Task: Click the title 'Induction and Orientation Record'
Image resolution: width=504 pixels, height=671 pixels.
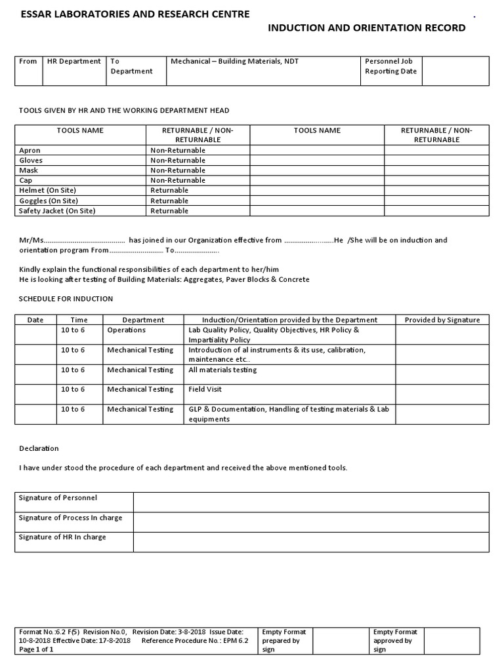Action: click(367, 28)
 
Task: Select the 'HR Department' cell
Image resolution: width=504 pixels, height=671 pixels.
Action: click(73, 61)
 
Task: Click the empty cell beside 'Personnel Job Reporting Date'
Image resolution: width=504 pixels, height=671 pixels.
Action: click(455, 71)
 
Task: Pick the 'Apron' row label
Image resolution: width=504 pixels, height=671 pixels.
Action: click(30, 150)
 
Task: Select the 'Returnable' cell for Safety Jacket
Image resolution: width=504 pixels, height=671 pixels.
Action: click(169, 211)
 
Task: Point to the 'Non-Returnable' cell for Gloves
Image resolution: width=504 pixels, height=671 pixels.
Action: click(177, 160)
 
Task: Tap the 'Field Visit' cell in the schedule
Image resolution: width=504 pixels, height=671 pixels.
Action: click(205, 389)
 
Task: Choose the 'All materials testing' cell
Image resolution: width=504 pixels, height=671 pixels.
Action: click(222, 370)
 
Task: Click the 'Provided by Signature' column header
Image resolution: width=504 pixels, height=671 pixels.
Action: click(442, 320)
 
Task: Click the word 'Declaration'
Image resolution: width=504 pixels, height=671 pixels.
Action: click(38, 448)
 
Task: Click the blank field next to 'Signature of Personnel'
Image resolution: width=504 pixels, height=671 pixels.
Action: click(311, 502)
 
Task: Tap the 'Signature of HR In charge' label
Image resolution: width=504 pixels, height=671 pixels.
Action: click(62, 537)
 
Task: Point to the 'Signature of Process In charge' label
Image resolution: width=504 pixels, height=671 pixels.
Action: click(70, 518)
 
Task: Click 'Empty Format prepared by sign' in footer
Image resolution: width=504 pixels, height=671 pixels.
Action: click(283, 641)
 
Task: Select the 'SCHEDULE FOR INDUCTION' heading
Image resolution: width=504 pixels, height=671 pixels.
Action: click(66, 299)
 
